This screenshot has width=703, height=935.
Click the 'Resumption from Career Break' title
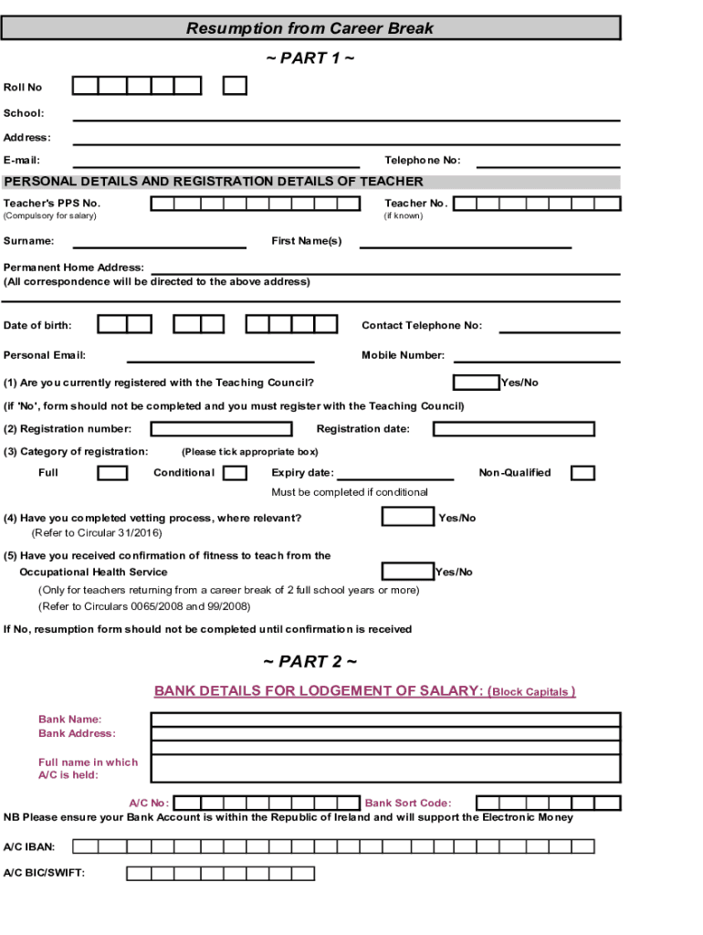pyautogui.click(x=310, y=28)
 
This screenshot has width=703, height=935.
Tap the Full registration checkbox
pyautogui.click(x=112, y=473)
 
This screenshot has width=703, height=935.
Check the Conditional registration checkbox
pyautogui.click(x=235, y=473)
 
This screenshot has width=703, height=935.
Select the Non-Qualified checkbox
pyautogui.click(x=582, y=473)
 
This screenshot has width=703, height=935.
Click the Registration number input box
pyautogui.click(x=221, y=429)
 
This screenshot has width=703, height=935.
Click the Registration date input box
pyautogui.click(x=513, y=429)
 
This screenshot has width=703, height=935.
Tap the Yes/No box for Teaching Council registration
pyautogui.click(x=476, y=382)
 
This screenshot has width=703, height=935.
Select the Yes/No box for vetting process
pyautogui.click(x=407, y=517)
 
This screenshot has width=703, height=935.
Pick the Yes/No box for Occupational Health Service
pyautogui.click(x=407, y=572)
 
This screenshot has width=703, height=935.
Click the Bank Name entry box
pyautogui.click(x=385, y=719)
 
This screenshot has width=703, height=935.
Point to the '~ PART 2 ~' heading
pyautogui.click(x=310, y=661)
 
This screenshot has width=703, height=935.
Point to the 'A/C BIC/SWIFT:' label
pyautogui.click(x=45, y=874)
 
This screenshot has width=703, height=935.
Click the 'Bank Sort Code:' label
pyautogui.click(x=408, y=804)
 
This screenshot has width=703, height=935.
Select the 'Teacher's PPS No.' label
pyautogui.click(x=52, y=203)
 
